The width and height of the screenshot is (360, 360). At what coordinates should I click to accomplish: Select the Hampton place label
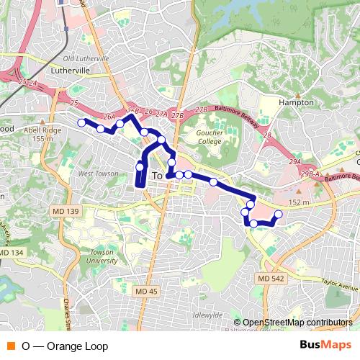[x=297, y=102]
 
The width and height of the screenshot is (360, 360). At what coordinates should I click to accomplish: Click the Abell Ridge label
[x=44, y=130]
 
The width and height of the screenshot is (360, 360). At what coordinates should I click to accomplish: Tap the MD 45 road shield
[x=146, y=290]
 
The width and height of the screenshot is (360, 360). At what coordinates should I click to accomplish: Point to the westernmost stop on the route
[x=81, y=122]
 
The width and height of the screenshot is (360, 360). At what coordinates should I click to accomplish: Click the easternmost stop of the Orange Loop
[x=279, y=215]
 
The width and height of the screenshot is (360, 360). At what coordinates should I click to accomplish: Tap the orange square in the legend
[x=10, y=346]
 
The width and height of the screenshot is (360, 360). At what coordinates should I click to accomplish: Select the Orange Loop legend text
[x=64, y=346]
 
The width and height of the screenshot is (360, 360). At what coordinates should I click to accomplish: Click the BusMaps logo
[x=325, y=346]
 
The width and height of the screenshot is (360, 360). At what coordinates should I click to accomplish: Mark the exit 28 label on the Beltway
[x=267, y=135]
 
